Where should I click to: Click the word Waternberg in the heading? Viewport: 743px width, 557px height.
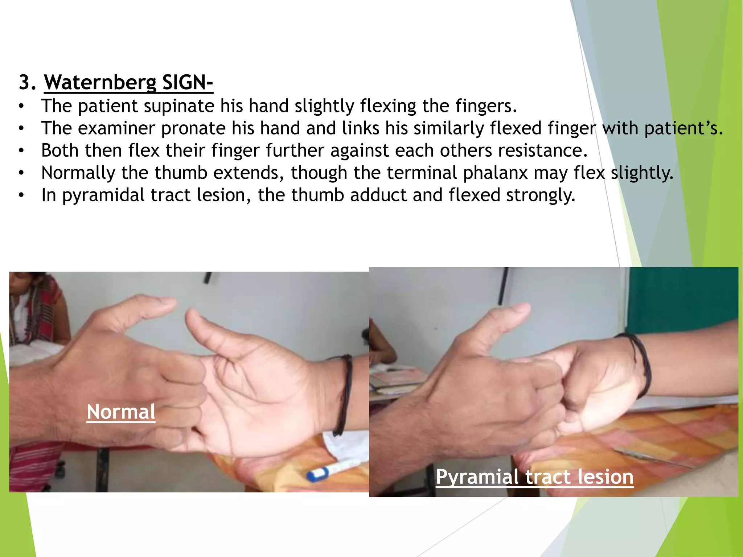(100, 82)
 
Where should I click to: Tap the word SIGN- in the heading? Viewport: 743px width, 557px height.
(187, 82)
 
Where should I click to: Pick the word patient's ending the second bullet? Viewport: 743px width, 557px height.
(684, 128)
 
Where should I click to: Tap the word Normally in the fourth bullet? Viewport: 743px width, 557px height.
(78, 173)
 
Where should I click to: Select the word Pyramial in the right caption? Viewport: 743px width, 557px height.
(477, 476)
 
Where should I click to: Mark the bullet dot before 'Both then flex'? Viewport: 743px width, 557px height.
(22, 151)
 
